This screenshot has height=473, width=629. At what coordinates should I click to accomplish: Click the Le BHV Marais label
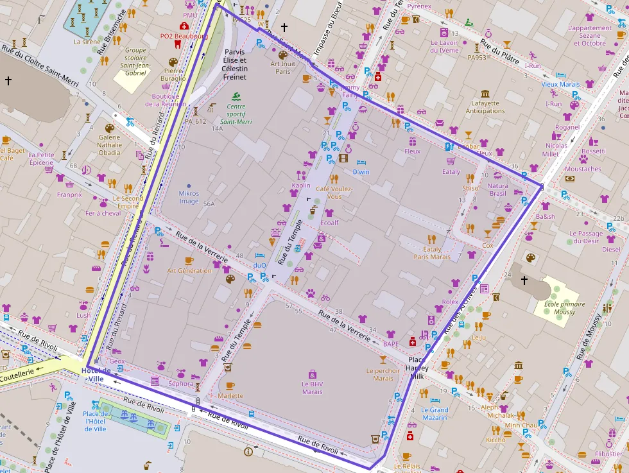[312, 388]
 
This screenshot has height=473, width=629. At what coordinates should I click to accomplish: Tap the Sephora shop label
[181, 384]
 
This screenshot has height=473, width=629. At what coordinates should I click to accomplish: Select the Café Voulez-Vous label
[334, 193]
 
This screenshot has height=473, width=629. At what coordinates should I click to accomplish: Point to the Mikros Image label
[189, 197]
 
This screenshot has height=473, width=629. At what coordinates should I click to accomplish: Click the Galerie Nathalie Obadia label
[109, 144]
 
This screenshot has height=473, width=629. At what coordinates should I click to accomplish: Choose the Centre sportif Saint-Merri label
[236, 114]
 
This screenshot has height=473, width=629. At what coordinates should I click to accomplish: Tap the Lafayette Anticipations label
[485, 107]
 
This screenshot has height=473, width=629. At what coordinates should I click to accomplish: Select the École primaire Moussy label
[564, 308]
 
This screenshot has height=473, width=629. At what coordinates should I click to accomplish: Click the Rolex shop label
[450, 302]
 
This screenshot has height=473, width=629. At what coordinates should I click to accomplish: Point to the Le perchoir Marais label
[383, 374]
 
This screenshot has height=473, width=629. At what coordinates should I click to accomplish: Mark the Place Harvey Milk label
[416, 368]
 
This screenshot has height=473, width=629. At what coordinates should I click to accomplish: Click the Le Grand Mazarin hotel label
[435, 413]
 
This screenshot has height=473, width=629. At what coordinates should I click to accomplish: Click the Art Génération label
[189, 271]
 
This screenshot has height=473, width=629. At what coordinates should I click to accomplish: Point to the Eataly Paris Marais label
[432, 252]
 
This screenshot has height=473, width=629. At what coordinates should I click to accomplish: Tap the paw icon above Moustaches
[583, 158]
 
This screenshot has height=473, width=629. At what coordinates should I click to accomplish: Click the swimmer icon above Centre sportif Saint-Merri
[236, 97]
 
